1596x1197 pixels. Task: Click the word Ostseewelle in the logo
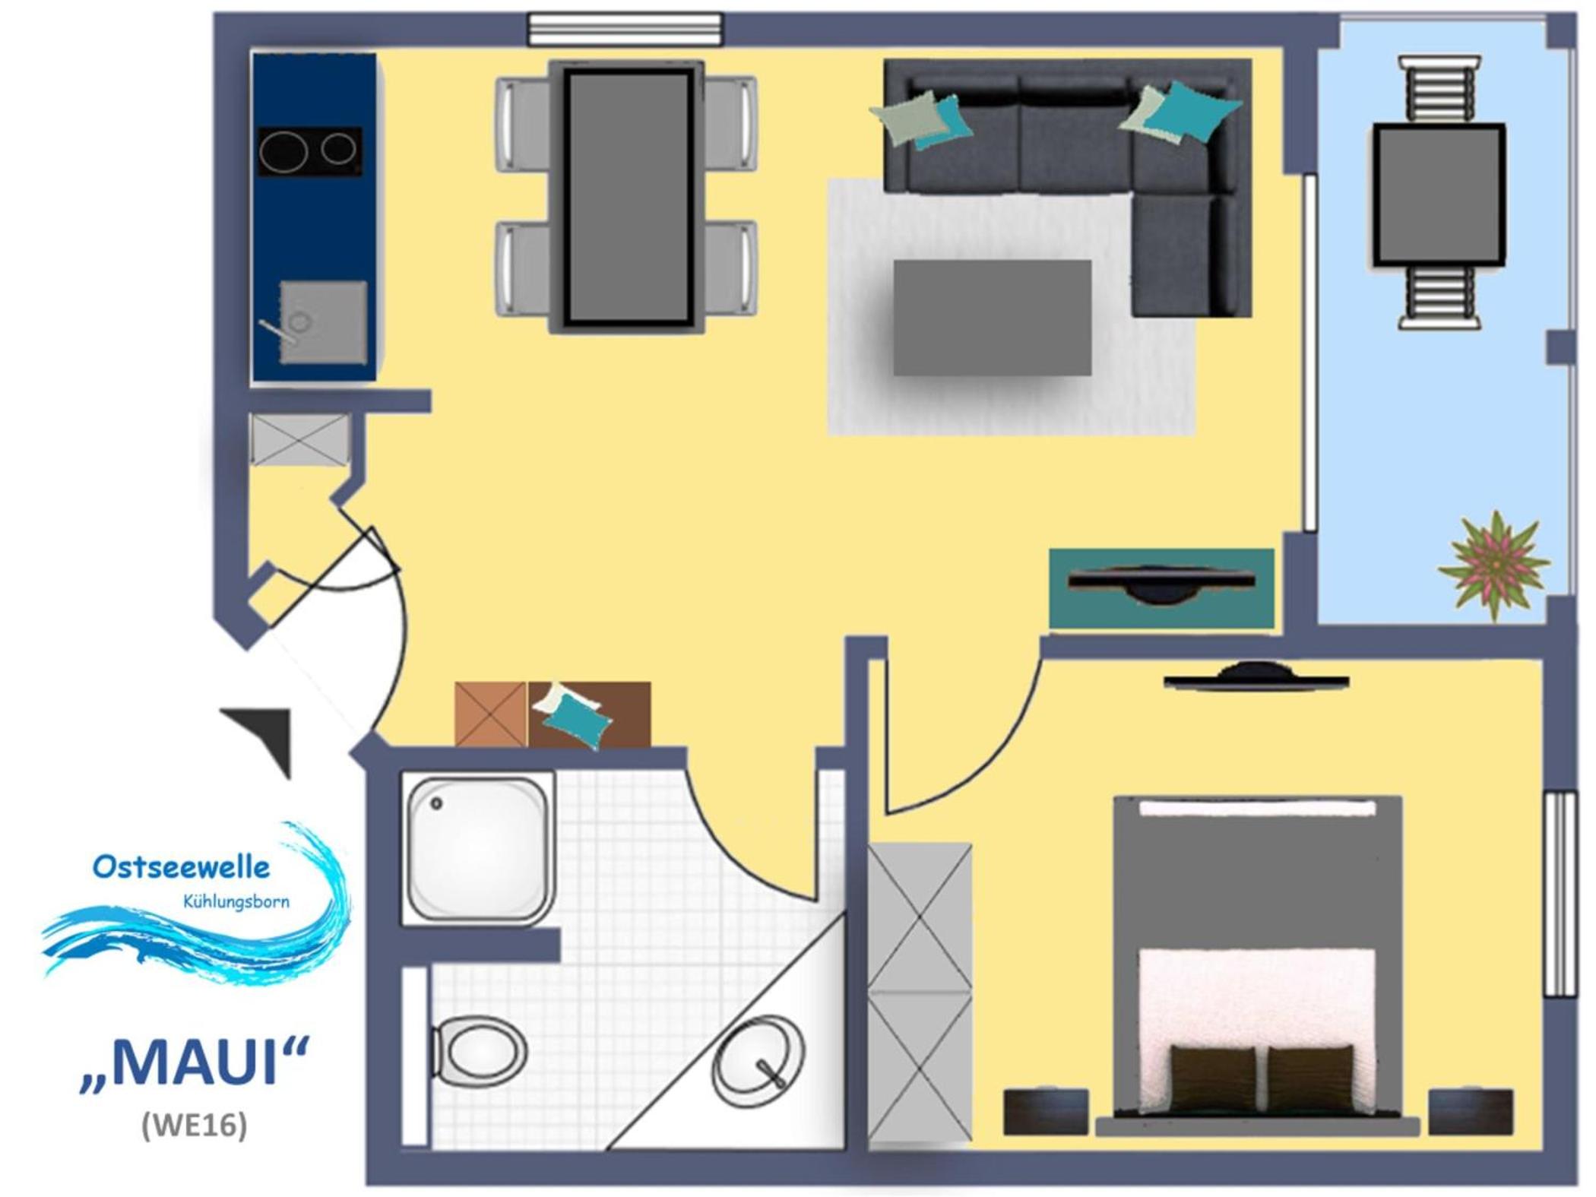click(x=181, y=866)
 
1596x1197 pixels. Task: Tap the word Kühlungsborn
click(x=236, y=902)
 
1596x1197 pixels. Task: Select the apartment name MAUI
click(x=195, y=1062)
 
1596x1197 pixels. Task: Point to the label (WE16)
click(x=195, y=1126)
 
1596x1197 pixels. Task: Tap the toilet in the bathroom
click(x=479, y=1052)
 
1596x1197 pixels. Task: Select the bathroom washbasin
click(x=758, y=1061)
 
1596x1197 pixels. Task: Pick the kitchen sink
click(x=323, y=322)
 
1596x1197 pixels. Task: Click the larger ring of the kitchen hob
click(x=283, y=152)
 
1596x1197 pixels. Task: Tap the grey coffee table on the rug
click(x=993, y=318)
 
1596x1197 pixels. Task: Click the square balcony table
click(x=1439, y=195)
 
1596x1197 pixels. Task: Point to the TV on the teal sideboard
click(x=1161, y=583)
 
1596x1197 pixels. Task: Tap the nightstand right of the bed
click(x=1471, y=1112)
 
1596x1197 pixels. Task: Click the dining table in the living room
click(x=627, y=197)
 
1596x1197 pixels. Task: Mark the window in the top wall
click(x=625, y=30)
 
